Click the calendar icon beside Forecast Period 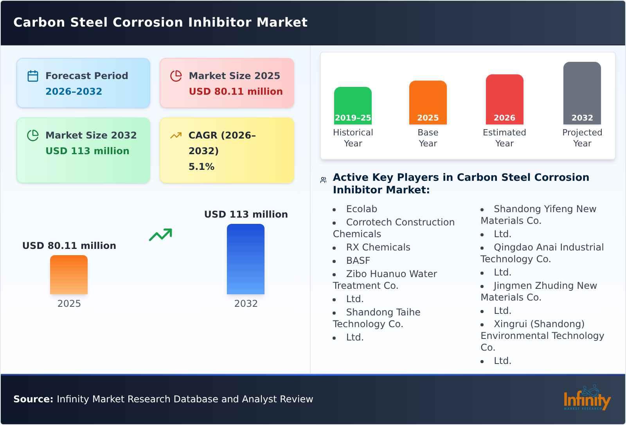33,76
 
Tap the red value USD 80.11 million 236,92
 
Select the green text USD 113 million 87,151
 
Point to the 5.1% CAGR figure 201,167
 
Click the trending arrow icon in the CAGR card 176,135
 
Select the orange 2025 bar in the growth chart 69,275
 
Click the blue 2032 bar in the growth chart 246,259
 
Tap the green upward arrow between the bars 160,235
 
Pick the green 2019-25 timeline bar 353,106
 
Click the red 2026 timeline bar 504,99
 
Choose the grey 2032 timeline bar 582,93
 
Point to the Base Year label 428,138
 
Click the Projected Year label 582,138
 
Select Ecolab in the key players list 362,209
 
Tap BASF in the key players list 358,261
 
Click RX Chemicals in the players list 378,247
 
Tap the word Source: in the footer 33,399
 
